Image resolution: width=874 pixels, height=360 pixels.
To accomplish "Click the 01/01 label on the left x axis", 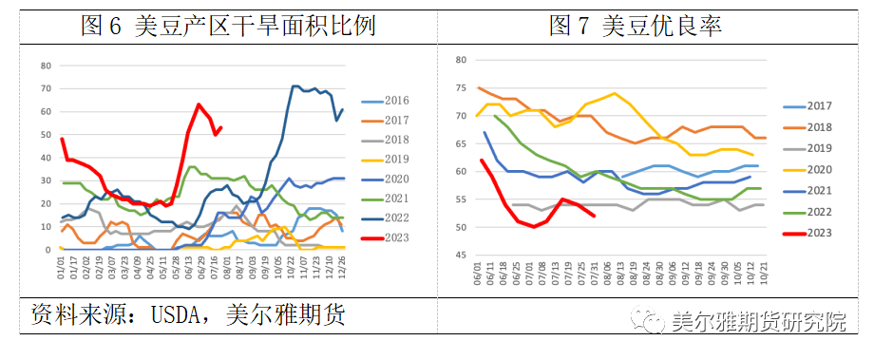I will pyautogui.click(x=62, y=269).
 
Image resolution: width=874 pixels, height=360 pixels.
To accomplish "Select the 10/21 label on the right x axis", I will pyautogui.click(x=765, y=272).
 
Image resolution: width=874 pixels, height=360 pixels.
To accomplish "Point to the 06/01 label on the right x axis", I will pyautogui.click(x=478, y=272).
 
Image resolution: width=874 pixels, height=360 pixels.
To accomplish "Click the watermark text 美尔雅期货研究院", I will pyautogui.click(x=757, y=323).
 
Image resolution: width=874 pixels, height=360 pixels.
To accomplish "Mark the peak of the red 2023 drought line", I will pyautogui.click(x=199, y=104).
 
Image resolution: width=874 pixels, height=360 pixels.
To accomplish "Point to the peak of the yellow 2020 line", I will pyautogui.click(x=615, y=93).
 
